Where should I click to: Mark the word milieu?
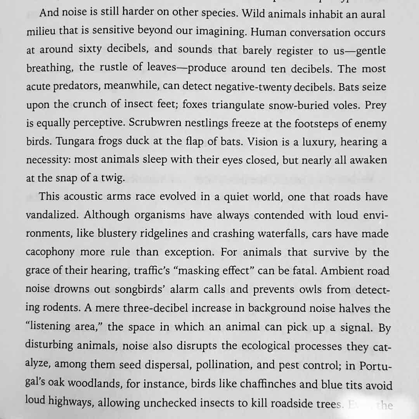click(x=41, y=32)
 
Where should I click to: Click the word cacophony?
click(x=50, y=252)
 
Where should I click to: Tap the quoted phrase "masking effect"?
click(x=215, y=270)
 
